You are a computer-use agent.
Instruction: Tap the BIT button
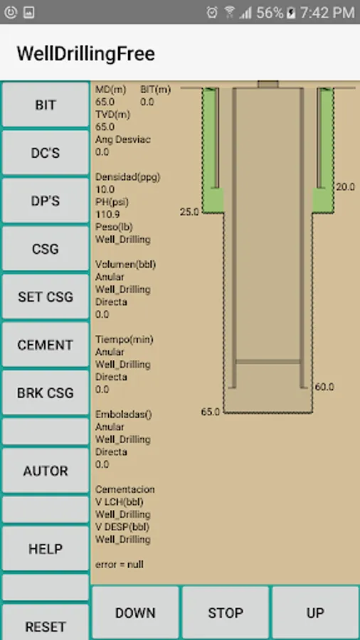46,105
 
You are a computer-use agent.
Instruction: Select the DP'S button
46,201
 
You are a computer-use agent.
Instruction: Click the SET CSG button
46,297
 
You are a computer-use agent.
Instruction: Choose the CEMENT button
46,345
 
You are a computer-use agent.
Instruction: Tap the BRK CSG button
46,393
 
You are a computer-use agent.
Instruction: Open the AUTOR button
46,471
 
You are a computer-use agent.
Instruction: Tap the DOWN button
135,613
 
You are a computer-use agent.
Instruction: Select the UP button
315,613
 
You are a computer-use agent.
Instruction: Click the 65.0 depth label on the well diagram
210,412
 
